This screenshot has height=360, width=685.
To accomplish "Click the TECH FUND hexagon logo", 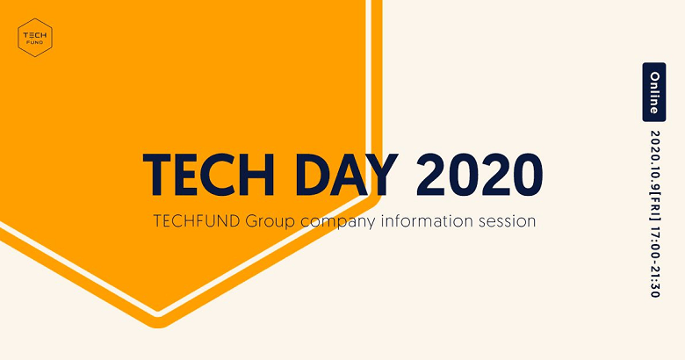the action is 35,38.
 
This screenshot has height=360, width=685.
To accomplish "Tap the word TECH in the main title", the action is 208,175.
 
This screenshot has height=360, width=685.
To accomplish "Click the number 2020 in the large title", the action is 479,175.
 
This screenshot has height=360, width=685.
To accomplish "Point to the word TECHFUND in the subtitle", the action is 197,221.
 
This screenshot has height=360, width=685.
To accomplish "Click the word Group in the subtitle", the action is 270,222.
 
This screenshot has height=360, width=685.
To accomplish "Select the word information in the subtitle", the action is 427,220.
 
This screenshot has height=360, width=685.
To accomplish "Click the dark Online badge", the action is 654,92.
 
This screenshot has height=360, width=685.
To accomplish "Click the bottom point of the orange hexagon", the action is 158,328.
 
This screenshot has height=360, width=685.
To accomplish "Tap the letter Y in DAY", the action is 379,175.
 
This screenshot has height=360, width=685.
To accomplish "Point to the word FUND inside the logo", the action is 35,42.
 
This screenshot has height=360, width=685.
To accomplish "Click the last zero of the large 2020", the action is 527,175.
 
